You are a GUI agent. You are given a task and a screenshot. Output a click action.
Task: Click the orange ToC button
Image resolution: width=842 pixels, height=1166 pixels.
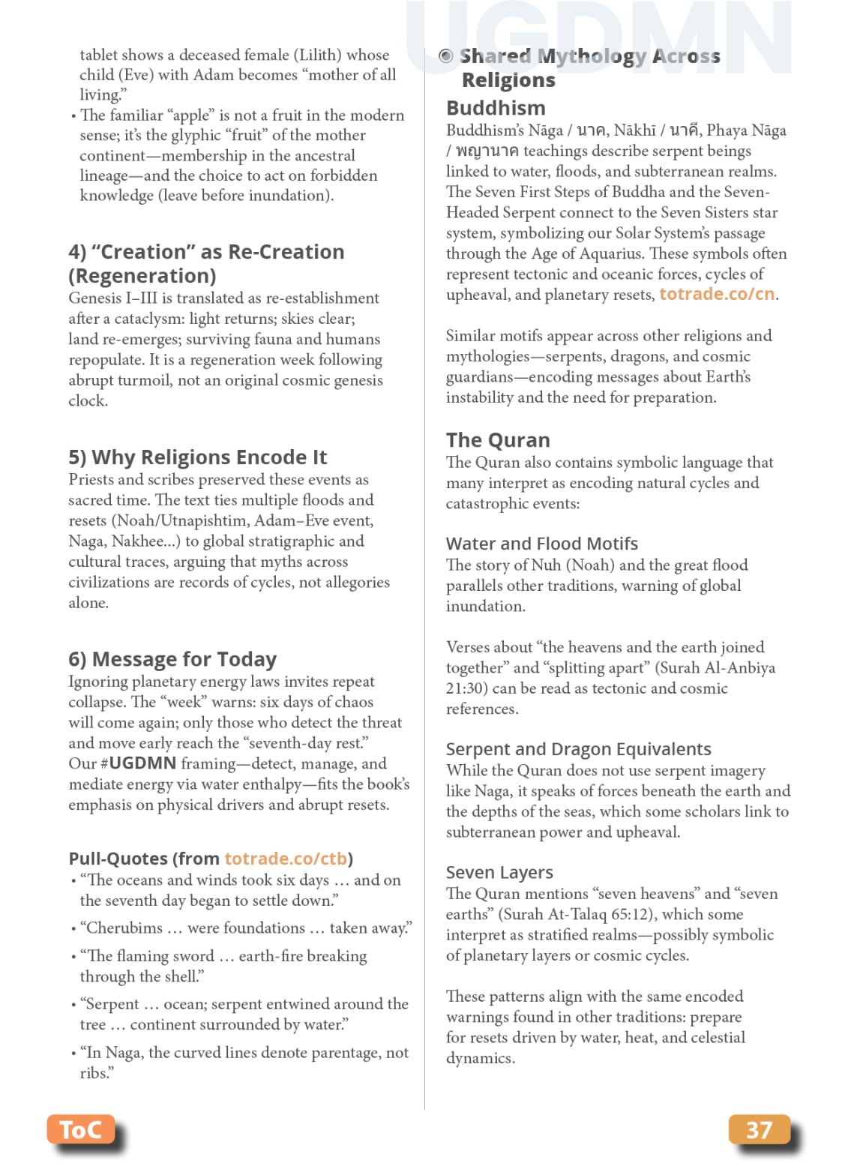click(x=80, y=1129)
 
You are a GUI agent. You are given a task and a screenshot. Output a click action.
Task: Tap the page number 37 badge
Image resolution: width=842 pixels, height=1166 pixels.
click(x=759, y=1129)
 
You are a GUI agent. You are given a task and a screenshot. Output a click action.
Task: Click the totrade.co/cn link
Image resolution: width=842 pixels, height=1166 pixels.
click(x=716, y=294)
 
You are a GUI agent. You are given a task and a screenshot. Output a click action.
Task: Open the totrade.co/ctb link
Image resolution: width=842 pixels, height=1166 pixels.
click(x=286, y=859)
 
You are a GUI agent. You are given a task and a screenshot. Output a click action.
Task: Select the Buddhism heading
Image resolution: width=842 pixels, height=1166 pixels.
click(x=496, y=108)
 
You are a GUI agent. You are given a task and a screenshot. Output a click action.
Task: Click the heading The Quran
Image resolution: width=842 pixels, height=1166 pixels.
click(x=498, y=440)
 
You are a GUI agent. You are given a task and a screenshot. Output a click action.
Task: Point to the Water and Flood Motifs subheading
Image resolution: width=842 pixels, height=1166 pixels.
click(x=541, y=544)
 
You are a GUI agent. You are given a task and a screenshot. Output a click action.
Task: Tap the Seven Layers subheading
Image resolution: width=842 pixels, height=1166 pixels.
click(x=499, y=872)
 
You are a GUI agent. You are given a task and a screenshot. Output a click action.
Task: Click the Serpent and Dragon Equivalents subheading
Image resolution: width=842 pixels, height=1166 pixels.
click(x=578, y=749)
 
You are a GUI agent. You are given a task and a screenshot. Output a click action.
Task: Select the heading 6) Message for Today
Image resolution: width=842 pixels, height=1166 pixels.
click(x=172, y=659)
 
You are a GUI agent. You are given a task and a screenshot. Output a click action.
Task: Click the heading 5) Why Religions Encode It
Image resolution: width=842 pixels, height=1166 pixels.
click(x=197, y=457)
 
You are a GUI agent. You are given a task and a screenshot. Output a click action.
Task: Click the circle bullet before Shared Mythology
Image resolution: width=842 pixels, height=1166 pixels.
click(x=446, y=56)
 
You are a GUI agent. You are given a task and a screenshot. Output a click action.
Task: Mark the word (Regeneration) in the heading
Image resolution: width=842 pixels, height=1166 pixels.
click(x=142, y=276)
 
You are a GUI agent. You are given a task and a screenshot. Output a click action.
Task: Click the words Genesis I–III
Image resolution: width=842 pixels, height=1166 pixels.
click(x=108, y=298)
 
